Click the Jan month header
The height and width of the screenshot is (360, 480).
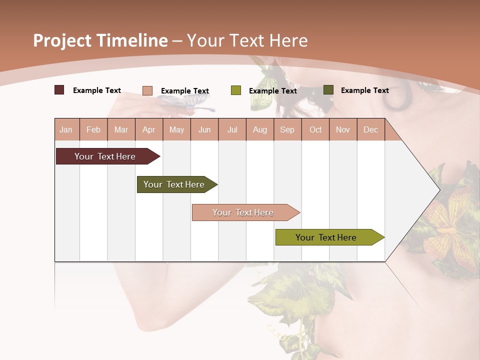pos(66,130)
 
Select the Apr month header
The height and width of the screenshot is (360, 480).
pos(148,130)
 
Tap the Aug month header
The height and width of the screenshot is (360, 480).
pos(259,130)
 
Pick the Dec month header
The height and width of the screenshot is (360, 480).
pos(370,130)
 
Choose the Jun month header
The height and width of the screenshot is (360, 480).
pos(204,130)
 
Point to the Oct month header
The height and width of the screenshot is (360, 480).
pos(315,130)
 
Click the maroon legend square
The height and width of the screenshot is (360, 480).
pos(59,90)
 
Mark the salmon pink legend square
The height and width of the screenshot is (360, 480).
pos(147,90)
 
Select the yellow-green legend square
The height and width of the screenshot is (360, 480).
pos(236,90)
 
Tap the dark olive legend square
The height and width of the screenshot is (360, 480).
pos(328,90)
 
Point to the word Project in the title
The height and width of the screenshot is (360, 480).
pos(63,40)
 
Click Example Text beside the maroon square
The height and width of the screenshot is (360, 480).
pos(97,90)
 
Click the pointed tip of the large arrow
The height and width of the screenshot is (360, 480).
pos(438,190)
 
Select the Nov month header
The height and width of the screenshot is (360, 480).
pos(343,130)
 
